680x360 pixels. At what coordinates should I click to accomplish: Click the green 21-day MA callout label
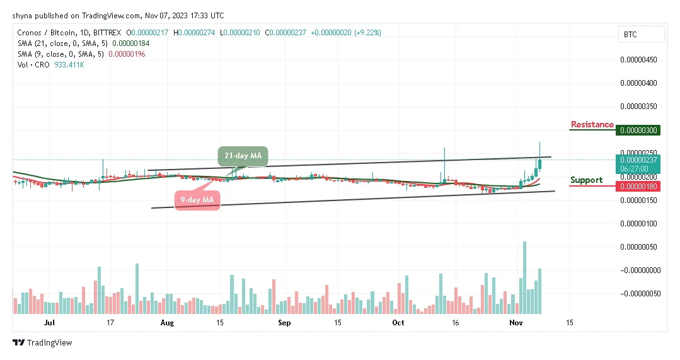243,155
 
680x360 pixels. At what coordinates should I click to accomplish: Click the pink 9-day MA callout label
197,200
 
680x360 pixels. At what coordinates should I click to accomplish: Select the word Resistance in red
592,125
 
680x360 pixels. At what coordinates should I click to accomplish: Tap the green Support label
586,180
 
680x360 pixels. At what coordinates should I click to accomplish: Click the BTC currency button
640,35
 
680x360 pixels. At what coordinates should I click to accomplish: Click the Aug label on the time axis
167,323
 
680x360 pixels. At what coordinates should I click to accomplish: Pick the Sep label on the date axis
284,323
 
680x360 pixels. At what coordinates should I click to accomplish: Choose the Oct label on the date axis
398,323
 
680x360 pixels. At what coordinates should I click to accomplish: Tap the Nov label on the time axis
516,323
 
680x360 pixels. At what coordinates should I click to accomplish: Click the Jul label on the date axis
50,323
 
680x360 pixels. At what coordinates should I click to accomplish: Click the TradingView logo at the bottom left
42,343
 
